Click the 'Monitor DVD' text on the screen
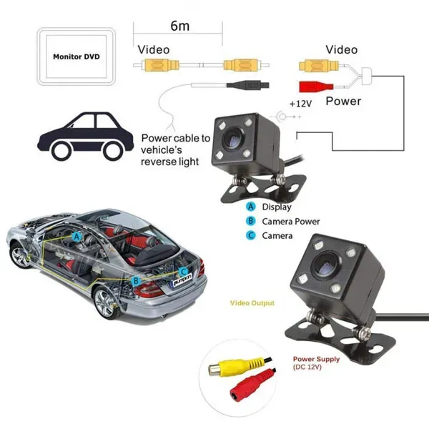[x=77, y=56]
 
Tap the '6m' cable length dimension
[x=179, y=26]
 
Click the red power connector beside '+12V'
[x=316, y=87]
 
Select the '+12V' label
[x=300, y=104]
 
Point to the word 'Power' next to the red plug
[x=343, y=102]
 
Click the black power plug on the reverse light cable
[x=248, y=85]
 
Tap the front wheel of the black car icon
[x=62, y=150]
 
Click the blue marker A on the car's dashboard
[x=77, y=237]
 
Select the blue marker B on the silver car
[x=136, y=281]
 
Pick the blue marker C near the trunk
[x=184, y=272]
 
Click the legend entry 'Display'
[x=277, y=207]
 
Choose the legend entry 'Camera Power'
[x=291, y=222]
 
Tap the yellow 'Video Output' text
[x=252, y=303]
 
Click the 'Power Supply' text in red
[x=316, y=359]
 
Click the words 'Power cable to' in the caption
[x=176, y=138]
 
